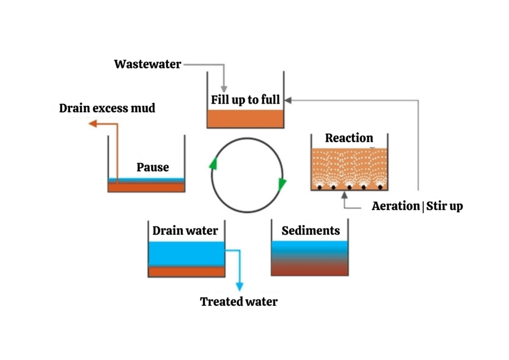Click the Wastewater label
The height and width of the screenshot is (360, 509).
click(x=148, y=65)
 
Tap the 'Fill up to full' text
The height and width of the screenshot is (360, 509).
click(x=245, y=100)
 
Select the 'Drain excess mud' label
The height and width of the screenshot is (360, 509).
click(x=107, y=108)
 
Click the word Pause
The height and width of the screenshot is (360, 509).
click(x=153, y=168)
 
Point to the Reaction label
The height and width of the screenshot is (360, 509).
click(x=349, y=138)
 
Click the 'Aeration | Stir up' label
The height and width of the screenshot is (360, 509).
click(x=417, y=206)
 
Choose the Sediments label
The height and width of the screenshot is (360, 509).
click(x=310, y=231)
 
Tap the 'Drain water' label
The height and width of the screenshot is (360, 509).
click(x=185, y=231)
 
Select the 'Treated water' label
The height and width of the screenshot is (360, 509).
click(x=239, y=302)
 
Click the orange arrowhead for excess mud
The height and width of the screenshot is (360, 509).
click(x=93, y=123)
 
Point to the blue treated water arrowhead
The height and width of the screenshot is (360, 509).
click(x=240, y=286)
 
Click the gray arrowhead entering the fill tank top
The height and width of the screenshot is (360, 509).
click(x=224, y=89)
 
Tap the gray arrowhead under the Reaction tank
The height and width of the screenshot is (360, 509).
click(x=344, y=195)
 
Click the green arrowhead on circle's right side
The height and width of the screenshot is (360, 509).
click(x=282, y=184)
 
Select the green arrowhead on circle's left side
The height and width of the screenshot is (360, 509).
click(x=213, y=164)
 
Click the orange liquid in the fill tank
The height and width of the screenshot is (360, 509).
click(x=245, y=119)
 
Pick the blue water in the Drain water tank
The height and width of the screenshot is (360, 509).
click(x=186, y=254)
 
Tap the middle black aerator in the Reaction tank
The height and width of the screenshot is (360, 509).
click(x=350, y=187)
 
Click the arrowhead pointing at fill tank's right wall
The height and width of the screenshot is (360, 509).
click(x=288, y=100)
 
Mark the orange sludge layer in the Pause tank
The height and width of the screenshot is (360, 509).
click(x=146, y=187)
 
